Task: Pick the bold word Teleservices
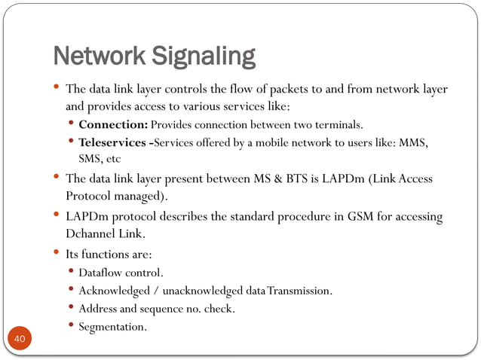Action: point(114,142)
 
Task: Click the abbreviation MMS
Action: point(414,142)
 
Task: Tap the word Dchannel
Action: point(91,233)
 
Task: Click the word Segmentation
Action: point(112,327)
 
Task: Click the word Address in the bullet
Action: point(98,308)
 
